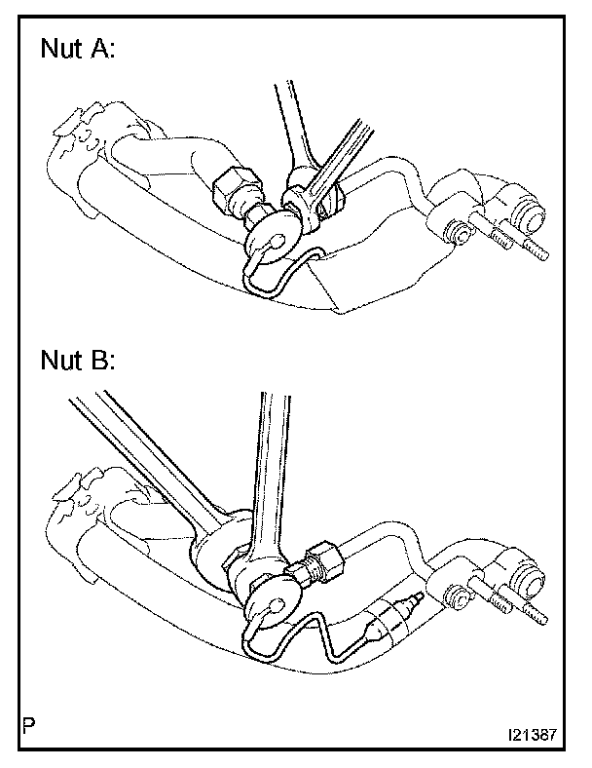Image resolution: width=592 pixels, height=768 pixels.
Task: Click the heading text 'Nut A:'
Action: coord(77,51)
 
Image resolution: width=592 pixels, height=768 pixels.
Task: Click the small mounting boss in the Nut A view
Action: coord(454,231)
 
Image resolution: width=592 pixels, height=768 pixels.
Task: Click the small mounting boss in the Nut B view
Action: coord(453,595)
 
